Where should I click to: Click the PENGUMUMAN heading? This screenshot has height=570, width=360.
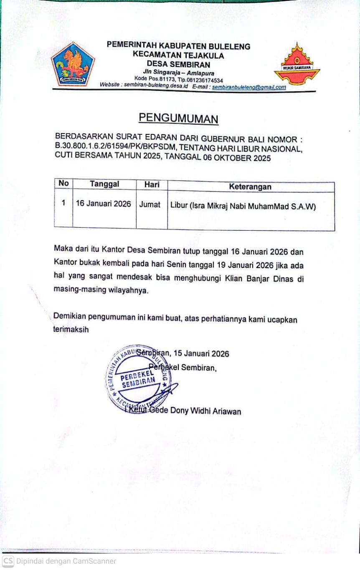click(x=178, y=119)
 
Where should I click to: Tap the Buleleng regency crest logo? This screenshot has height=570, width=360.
click(x=73, y=65)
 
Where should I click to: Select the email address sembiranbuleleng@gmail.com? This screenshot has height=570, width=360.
click(x=249, y=87)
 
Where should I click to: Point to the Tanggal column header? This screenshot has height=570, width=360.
click(x=104, y=184)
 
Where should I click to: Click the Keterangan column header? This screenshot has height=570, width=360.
click(x=250, y=187)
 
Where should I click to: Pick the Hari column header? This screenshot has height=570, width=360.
click(x=152, y=184)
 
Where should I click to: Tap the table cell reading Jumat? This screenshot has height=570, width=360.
click(x=150, y=205)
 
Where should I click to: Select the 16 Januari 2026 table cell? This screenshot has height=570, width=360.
click(x=103, y=204)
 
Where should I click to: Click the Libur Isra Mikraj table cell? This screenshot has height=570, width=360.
click(x=243, y=206)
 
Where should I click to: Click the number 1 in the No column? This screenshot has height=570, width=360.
click(x=63, y=203)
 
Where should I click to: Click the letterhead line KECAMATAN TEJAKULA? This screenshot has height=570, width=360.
click(x=178, y=55)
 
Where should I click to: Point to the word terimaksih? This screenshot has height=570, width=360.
click(x=71, y=329)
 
